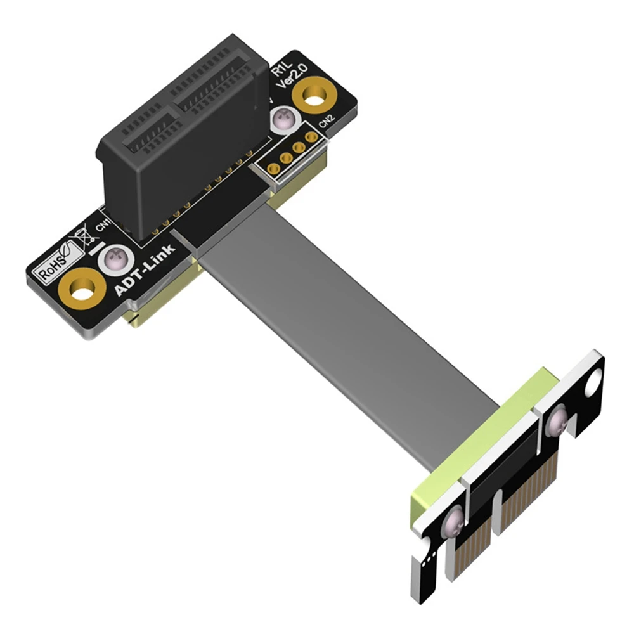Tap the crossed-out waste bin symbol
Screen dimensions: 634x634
(81, 240)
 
